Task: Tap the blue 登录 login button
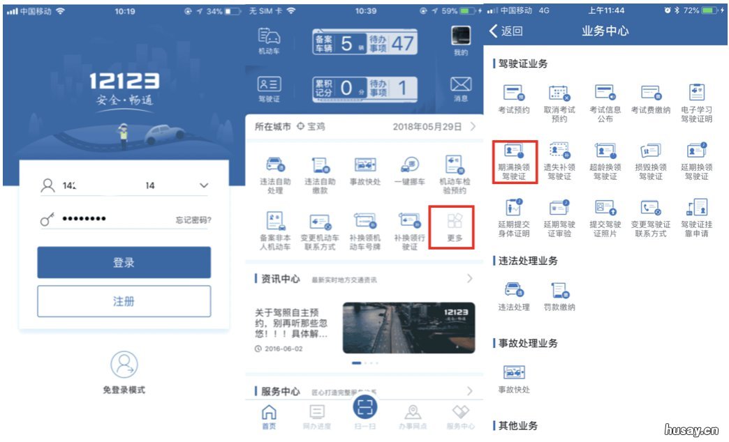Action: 124,263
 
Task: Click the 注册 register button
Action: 124,301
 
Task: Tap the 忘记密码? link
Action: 193,220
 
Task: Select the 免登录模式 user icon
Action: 124,365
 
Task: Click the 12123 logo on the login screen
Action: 124,82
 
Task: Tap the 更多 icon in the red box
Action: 455,222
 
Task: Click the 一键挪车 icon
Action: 410,165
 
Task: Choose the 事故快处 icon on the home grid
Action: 365,165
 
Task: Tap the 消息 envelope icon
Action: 460,85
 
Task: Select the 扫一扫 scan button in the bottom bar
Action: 365,408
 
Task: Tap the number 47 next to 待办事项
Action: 402,43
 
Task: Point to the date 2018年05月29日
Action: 427,127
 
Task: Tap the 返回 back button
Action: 506,31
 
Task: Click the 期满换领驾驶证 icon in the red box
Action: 515,152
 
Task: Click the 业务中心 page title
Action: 605,31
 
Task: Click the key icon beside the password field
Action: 47,220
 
